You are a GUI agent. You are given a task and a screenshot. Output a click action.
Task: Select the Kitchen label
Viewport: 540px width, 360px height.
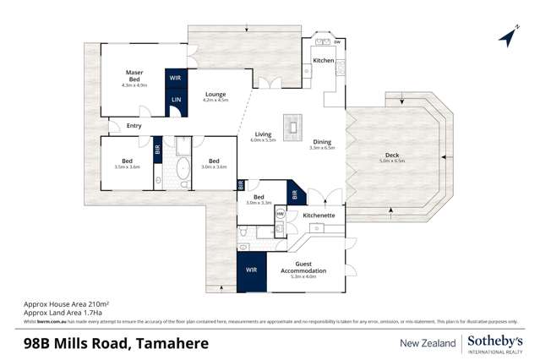(324, 61)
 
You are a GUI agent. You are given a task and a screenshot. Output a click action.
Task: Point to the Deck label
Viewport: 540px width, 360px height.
(391, 155)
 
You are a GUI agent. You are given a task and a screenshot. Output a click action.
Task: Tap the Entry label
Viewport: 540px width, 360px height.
(134, 127)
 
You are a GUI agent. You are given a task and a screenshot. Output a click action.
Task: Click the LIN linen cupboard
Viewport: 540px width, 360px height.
(176, 101)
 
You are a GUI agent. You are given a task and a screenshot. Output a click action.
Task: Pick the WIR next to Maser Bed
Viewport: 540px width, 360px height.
(175, 78)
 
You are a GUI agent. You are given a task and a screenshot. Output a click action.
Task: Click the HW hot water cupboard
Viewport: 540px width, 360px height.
(280, 215)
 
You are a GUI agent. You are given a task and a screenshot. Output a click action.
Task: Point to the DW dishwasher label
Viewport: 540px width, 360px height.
(336, 42)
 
